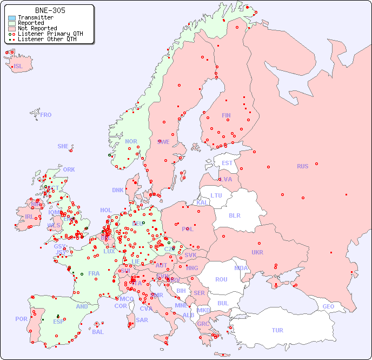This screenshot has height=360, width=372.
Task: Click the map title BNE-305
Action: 50,10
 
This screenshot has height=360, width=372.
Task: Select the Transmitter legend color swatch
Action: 12,18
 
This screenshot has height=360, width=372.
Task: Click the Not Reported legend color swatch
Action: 12,29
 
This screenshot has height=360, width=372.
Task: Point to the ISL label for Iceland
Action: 18,67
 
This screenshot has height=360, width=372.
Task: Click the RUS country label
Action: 302,166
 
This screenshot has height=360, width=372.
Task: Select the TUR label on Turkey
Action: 277,330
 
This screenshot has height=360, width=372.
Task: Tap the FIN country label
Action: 226,115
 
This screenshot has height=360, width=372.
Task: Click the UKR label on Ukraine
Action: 257,252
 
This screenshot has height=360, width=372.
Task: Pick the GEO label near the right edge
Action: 328,306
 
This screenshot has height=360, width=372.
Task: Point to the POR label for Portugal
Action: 21,319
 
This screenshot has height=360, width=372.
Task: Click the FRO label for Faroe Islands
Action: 46,115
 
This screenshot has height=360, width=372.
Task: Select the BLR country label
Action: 234,215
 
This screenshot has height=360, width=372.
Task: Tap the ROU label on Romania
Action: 221,279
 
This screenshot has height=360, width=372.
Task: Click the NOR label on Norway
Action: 131,141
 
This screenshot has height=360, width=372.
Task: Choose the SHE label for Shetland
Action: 63,146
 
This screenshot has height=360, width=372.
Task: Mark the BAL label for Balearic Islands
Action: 98,332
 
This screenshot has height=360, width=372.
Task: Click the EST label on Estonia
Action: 227,163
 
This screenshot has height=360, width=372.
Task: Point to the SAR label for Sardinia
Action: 142,320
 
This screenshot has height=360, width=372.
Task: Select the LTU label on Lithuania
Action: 216,195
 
